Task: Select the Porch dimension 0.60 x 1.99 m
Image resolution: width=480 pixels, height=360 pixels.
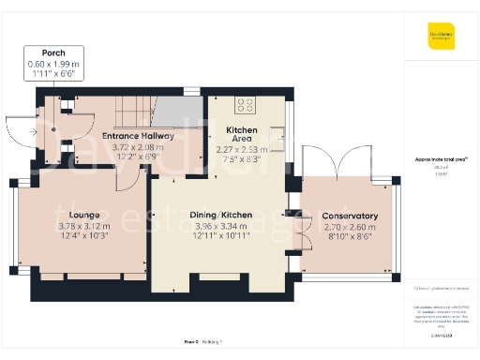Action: [x=53, y=64]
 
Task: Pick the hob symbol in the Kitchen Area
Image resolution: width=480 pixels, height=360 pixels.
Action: [x=247, y=105]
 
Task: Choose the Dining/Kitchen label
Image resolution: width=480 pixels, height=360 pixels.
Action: [x=217, y=215]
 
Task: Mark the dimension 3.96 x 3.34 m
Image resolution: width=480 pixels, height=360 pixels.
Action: [x=217, y=226]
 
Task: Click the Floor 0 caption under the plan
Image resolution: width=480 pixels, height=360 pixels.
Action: [x=191, y=343]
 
